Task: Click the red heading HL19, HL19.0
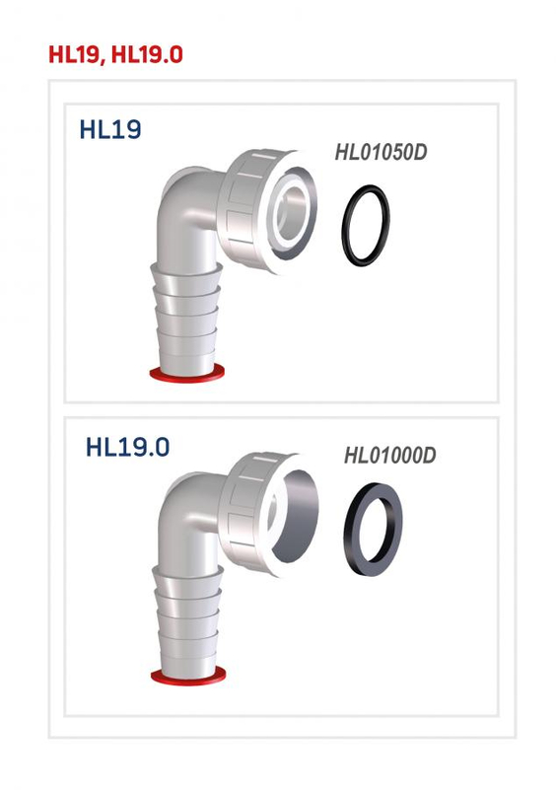click(x=115, y=54)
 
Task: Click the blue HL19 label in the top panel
click(x=109, y=131)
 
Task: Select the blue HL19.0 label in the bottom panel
click(x=127, y=446)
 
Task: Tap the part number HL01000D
click(x=389, y=456)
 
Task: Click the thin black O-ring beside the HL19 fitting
click(x=365, y=224)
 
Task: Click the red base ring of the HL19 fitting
click(x=184, y=373)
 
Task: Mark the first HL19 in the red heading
click(x=75, y=54)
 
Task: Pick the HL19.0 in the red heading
click(x=147, y=54)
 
